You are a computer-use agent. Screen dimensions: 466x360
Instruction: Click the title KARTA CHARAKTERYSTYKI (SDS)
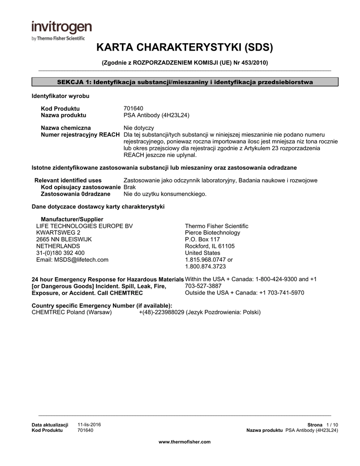tap(184, 47)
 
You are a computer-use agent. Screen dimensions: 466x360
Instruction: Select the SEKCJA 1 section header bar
tap(185, 82)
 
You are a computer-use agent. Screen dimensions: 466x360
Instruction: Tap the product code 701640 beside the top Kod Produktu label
tap(133, 109)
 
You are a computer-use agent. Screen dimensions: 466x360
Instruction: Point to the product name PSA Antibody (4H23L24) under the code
tap(157, 116)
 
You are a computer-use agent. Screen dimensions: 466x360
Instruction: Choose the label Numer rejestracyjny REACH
tap(81, 135)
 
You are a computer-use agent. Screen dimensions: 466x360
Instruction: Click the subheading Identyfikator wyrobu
tap(60, 96)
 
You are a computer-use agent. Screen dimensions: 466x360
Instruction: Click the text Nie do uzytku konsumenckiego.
tap(165, 194)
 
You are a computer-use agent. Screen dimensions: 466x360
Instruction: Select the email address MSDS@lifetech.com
tap(72, 260)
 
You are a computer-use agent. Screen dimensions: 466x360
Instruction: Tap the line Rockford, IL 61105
tap(210, 246)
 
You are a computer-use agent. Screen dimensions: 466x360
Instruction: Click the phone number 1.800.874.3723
tap(205, 267)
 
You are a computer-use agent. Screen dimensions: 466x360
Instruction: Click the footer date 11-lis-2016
tap(90, 425)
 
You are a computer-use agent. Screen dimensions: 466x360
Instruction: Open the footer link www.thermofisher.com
tap(184, 442)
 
